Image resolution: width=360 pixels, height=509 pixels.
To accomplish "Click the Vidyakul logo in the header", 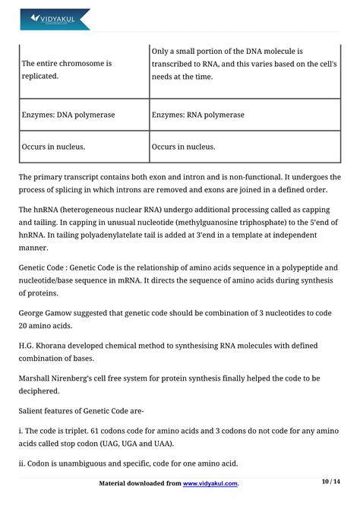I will click(x=55, y=18).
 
